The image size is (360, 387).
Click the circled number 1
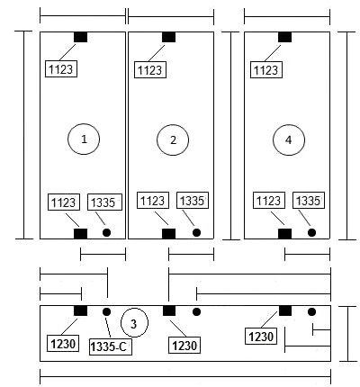[x=84, y=139]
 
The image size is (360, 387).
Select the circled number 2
[x=173, y=139]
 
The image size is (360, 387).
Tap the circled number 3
[x=134, y=323]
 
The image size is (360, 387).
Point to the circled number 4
[x=289, y=139]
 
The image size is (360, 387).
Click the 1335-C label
[x=111, y=346]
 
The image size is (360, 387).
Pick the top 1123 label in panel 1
[x=61, y=69]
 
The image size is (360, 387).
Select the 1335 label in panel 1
[x=104, y=202]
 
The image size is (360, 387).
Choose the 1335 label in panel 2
[x=193, y=200]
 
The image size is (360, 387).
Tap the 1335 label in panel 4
[x=309, y=200]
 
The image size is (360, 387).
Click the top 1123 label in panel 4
[x=266, y=69]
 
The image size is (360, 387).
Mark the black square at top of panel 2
[x=168, y=37]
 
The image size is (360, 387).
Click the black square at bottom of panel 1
[x=80, y=234]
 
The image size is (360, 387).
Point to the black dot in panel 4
[x=311, y=232]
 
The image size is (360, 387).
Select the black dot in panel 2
[x=196, y=232]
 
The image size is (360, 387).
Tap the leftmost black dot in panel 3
[x=106, y=311]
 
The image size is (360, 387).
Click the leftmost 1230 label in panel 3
[x=63, y=344]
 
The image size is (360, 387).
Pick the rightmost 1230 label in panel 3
[x=261, y=336]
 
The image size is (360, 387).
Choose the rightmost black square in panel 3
[x=285, y=310]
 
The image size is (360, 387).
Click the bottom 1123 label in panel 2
[x=153, y=200]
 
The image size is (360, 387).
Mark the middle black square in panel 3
[x=169, y=310]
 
